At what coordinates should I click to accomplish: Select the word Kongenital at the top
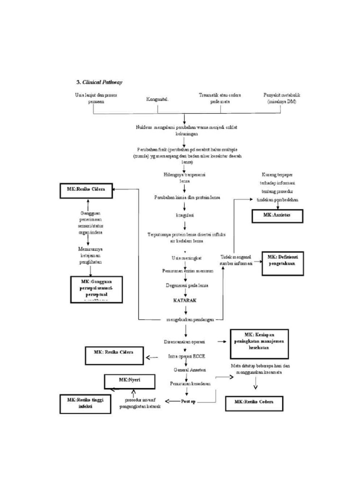[x=158, y=100]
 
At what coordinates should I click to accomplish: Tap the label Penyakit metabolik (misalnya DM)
[x=282, y=98]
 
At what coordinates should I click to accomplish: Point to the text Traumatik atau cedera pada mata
[x=219, y=98]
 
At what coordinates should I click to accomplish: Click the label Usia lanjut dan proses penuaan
[x=96, y=98]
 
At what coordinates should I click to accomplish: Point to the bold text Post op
[x=188, y=402]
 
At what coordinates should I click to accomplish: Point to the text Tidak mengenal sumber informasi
[x=236, y=260]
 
